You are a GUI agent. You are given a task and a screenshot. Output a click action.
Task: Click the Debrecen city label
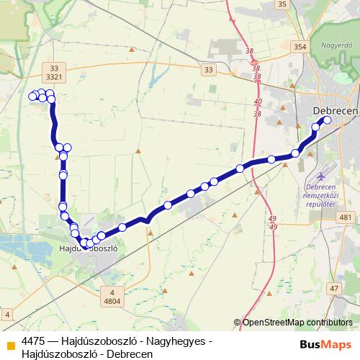point(337,109)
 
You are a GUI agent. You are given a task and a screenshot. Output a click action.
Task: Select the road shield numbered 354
point(300,47)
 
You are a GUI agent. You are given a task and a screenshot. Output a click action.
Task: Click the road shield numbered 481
point(346,217)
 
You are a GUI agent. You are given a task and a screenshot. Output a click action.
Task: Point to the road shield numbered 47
point(333,289)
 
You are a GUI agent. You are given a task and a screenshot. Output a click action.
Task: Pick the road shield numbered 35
point(282,4)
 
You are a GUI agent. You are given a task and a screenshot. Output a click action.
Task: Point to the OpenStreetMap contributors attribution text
point(297,323)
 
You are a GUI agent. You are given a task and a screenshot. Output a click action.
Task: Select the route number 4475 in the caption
point(34,340)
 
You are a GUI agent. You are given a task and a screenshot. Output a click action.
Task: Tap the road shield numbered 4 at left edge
point(6,314)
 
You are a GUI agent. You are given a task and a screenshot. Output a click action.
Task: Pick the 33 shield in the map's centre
point(209,70)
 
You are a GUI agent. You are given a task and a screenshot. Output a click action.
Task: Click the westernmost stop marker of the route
point(32,96)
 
